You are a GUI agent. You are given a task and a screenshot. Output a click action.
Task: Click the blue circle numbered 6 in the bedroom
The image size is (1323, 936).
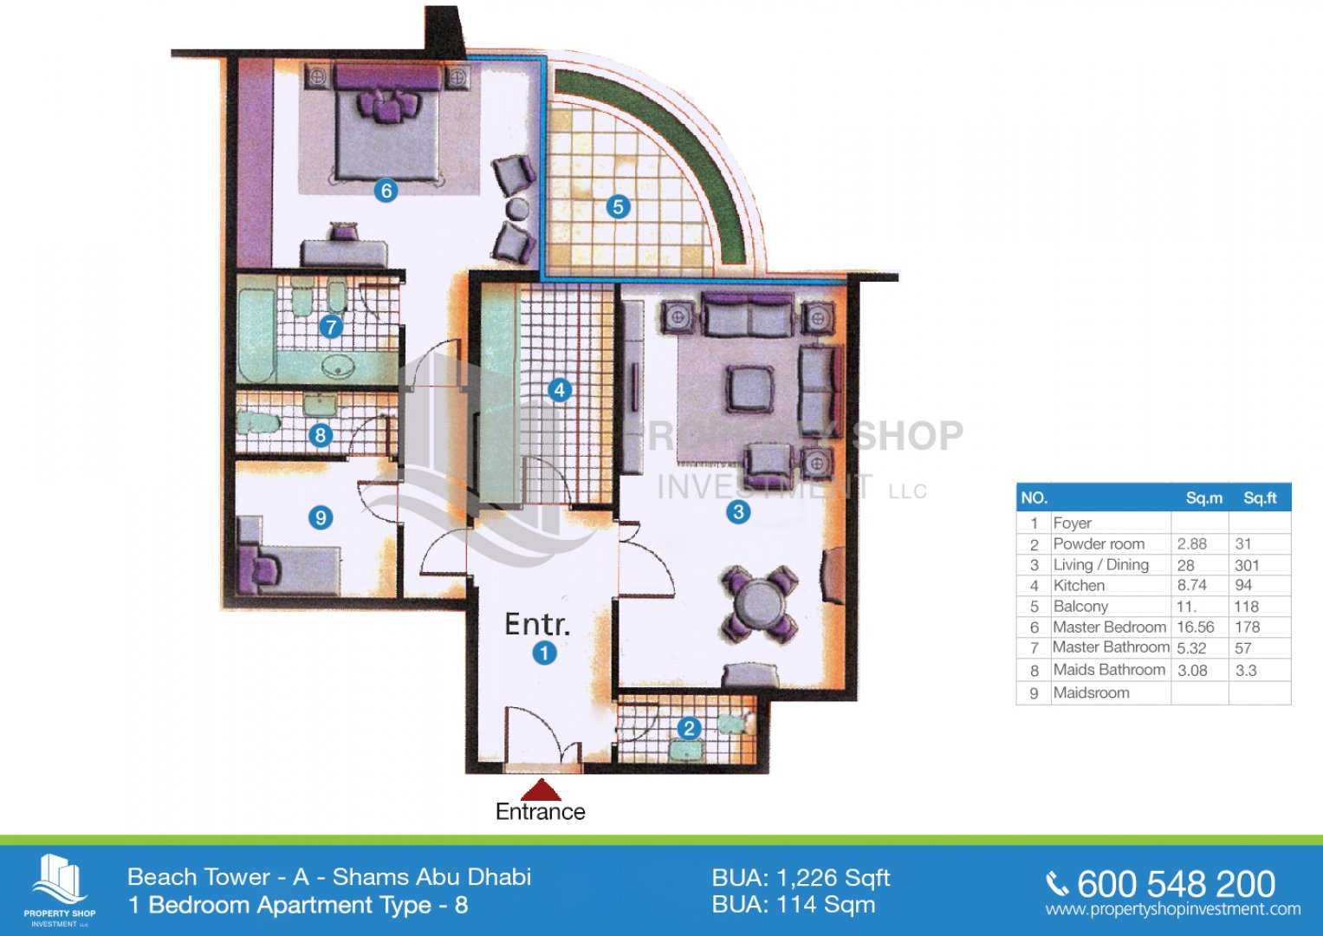pos(386,191)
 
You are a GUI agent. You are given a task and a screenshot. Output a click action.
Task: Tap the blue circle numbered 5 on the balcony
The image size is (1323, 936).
pos(618,207)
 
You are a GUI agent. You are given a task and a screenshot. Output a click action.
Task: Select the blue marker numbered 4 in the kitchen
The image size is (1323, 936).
pos(560,390)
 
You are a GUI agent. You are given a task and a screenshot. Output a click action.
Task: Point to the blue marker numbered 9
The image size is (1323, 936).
pos(321,518)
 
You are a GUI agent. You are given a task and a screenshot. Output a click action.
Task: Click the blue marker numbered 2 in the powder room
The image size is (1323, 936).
pos(689,729)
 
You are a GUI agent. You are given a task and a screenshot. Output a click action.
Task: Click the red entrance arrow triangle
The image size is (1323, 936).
pos(541,790)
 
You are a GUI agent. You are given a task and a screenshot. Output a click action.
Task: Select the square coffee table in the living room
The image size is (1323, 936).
pos(749,389)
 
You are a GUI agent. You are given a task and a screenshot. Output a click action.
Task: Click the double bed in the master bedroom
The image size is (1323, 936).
pos(387,123)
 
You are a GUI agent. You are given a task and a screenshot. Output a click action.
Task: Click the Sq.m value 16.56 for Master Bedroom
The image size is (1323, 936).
pos(1196,627)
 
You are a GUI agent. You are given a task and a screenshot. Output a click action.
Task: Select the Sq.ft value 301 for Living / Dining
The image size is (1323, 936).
pos(1247,565)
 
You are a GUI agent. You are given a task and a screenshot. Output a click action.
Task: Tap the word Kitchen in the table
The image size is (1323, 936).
pos(1079,586)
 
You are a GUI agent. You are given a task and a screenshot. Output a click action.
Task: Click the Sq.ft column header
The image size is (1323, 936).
pos(1260,498)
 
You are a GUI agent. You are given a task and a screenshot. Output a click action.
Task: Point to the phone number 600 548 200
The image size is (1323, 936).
pos(1176,884)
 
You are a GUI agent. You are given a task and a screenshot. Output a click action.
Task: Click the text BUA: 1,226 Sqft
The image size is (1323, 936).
pos(801,878)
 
